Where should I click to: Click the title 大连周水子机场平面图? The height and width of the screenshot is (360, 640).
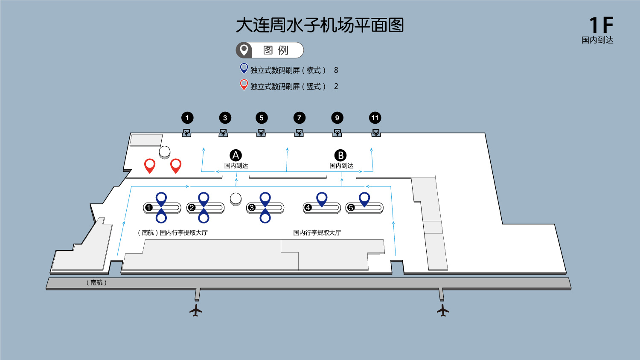(320, 26)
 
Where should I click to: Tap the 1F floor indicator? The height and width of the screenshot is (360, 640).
(601, 25)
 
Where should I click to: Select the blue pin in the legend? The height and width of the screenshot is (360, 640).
(244, 68)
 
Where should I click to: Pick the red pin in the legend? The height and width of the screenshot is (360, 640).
(244, 84)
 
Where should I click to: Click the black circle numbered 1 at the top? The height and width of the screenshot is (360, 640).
(187, 118)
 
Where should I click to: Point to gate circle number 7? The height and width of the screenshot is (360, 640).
(299, 118)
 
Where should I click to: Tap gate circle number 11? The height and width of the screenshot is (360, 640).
(375, 118)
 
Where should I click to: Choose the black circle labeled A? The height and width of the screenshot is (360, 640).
(236, 155)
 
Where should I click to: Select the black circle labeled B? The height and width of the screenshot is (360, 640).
(340, 155)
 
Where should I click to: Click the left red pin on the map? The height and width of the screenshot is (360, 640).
(150, 165)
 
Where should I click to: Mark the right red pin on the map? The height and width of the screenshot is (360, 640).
(176, 165)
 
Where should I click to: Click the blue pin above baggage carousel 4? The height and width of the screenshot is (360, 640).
(322, 198)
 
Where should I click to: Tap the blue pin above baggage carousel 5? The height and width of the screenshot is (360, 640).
(364, 198)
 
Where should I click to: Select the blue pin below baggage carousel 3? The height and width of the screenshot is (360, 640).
(265, 217)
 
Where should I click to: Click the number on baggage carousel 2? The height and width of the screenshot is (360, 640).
(192, 208)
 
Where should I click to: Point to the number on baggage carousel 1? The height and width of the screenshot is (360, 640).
(149, 208)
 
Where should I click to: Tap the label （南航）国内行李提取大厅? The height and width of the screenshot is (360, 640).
(172, 232)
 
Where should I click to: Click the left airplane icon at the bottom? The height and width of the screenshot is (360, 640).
(196, 310)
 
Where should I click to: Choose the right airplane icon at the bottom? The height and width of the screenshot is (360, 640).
(443, 310)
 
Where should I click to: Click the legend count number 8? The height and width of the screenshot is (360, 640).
(336, 70)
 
